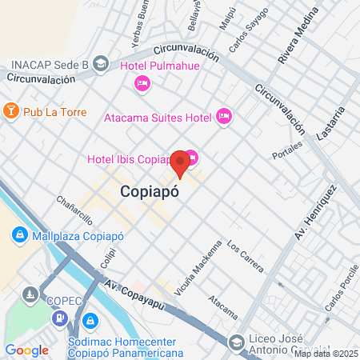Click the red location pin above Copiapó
tap(181, 162)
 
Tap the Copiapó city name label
tap(149, 192)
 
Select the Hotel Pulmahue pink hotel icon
tap(142, 82)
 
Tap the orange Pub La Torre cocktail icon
tap(11, 109)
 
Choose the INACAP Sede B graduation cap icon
tap(101, 63)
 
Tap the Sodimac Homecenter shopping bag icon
tap(90, 322)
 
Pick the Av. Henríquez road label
tap(315, 212)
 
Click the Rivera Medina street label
tap(292, 42)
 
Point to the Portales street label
tap(288, 150)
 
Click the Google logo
tap(26, 350)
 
